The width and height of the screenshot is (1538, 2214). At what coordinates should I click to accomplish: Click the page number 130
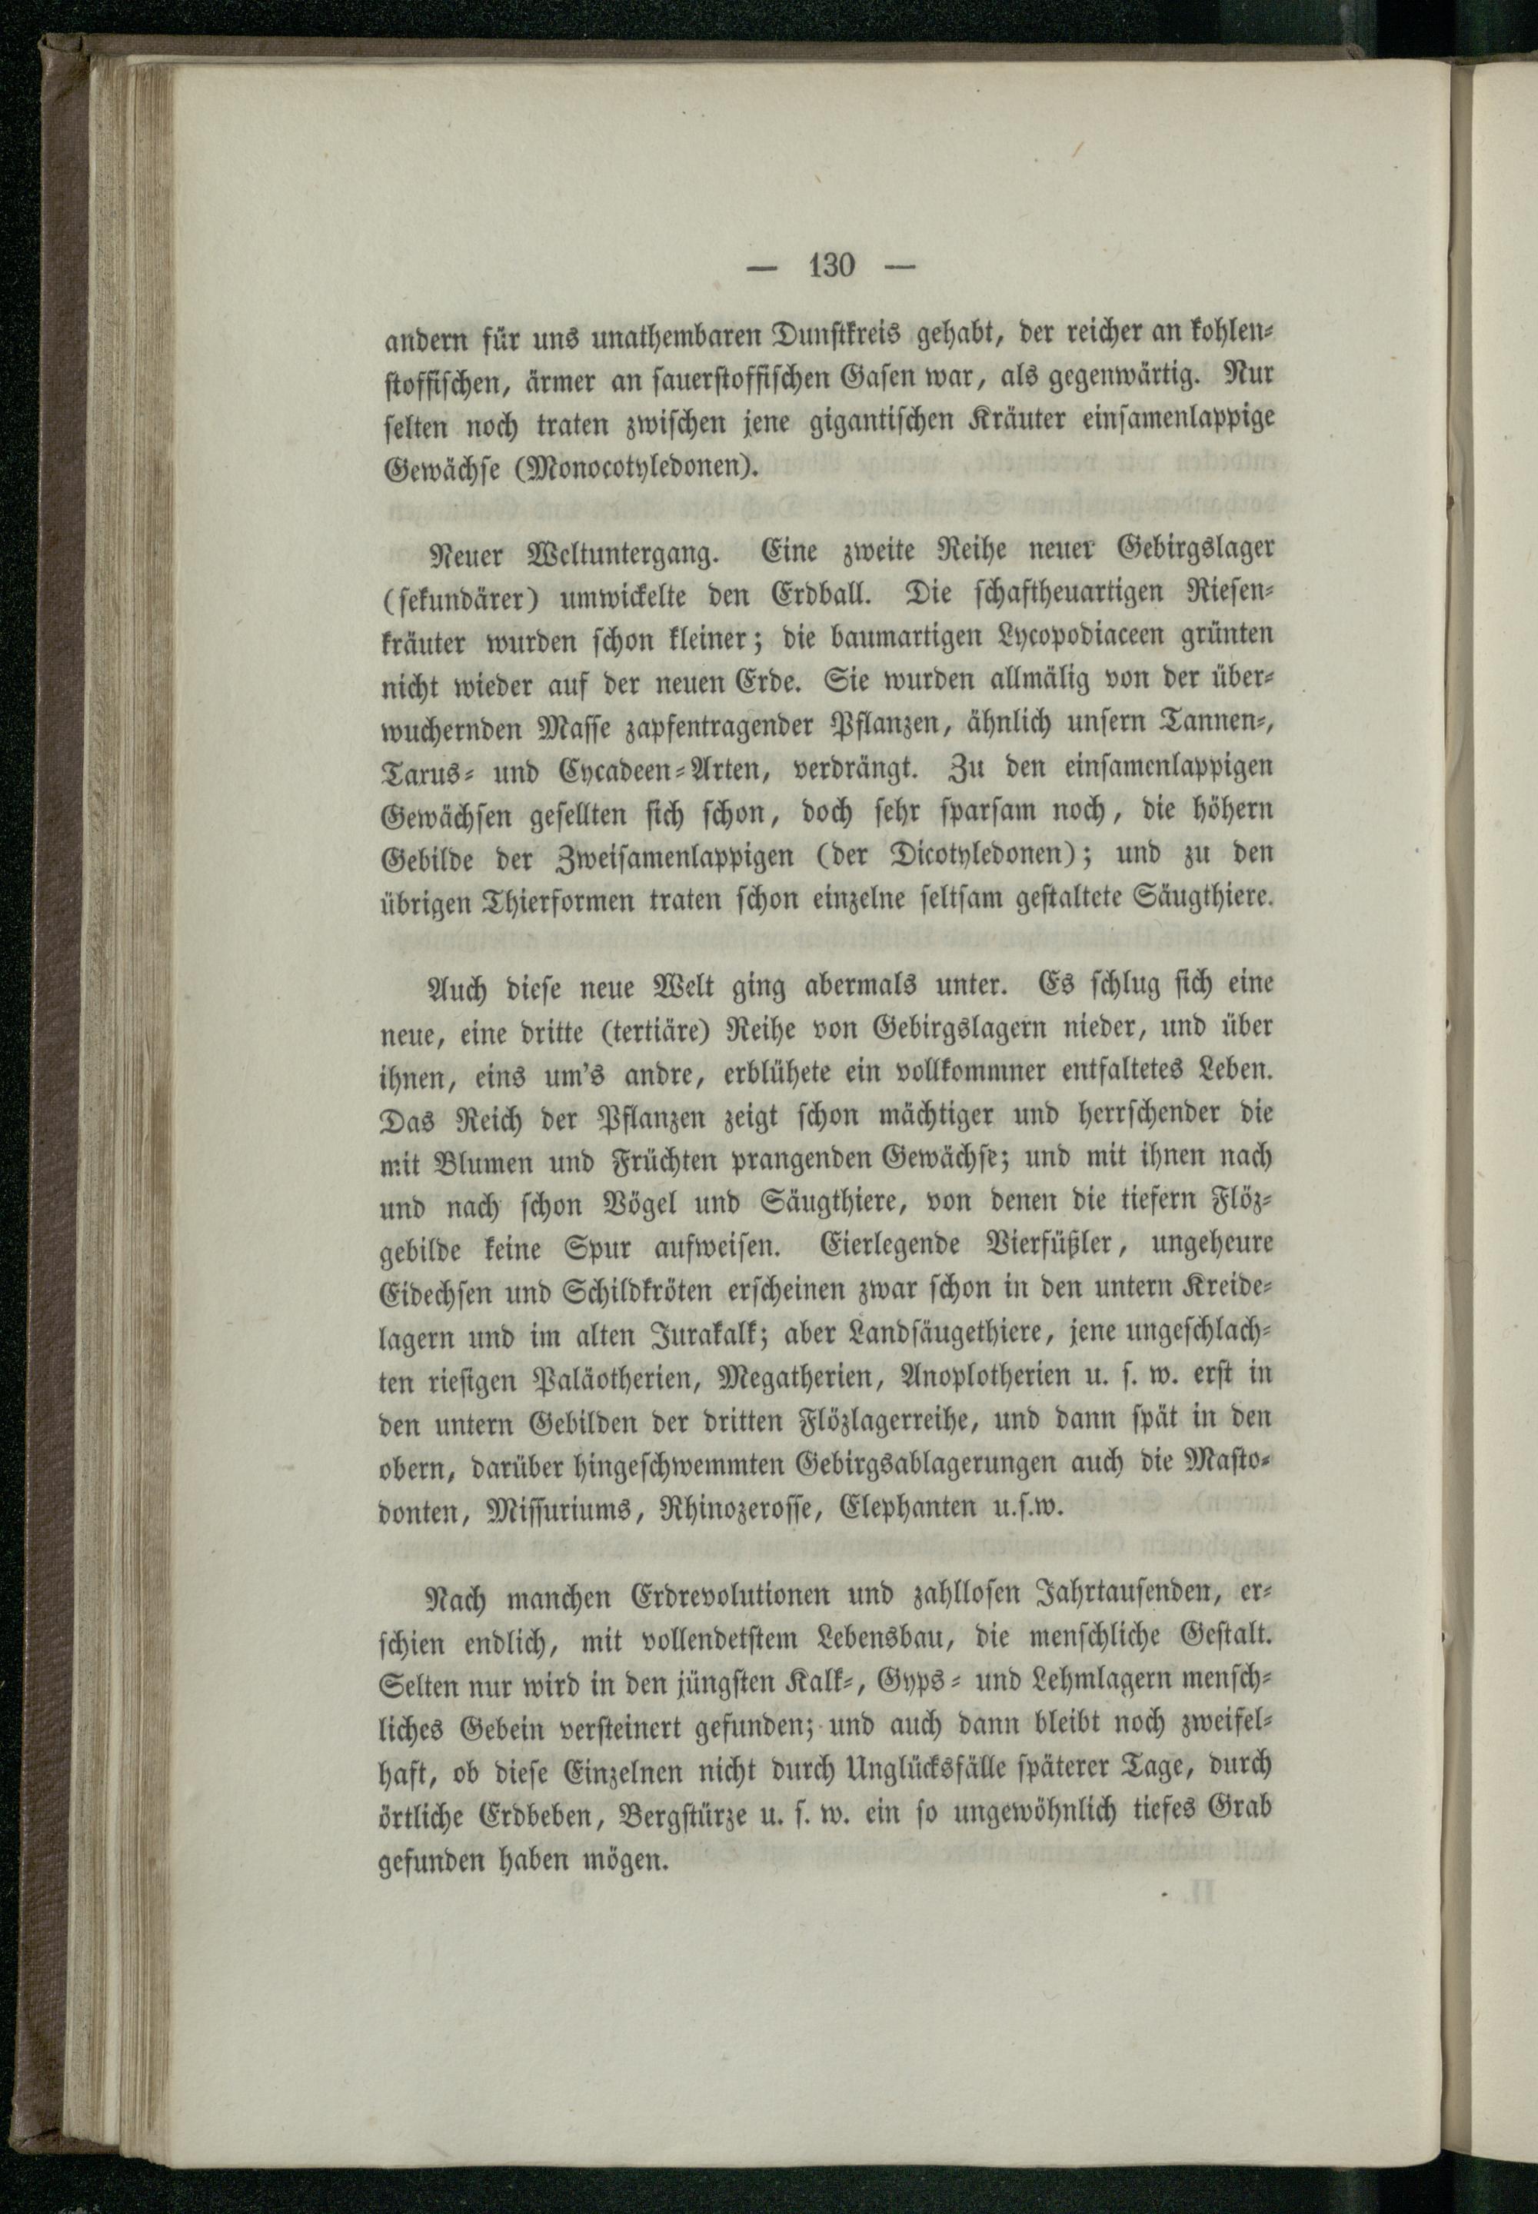pyautogui.click(x=831, y=265)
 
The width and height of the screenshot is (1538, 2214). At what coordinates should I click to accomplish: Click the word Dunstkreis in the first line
pyautogui.click(x=834, y=340)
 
